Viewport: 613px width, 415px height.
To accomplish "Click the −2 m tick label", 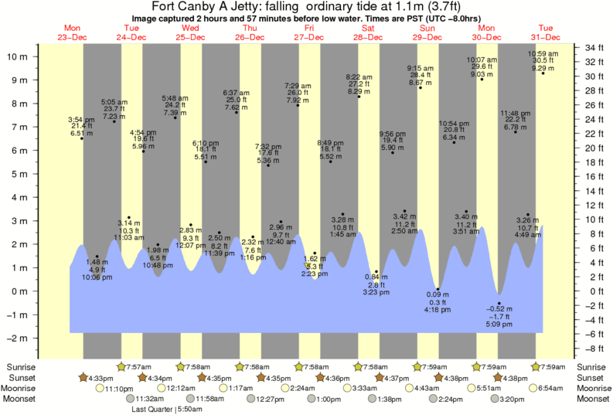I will [18, 338].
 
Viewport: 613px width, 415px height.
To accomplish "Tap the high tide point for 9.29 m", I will [543, 73].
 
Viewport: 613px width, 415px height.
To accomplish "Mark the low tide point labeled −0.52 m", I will [499, 304].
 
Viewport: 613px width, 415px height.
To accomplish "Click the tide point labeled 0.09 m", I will [438, 289].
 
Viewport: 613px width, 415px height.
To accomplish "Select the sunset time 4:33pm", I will [97, 377].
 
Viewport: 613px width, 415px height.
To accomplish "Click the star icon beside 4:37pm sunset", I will [380, 377].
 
